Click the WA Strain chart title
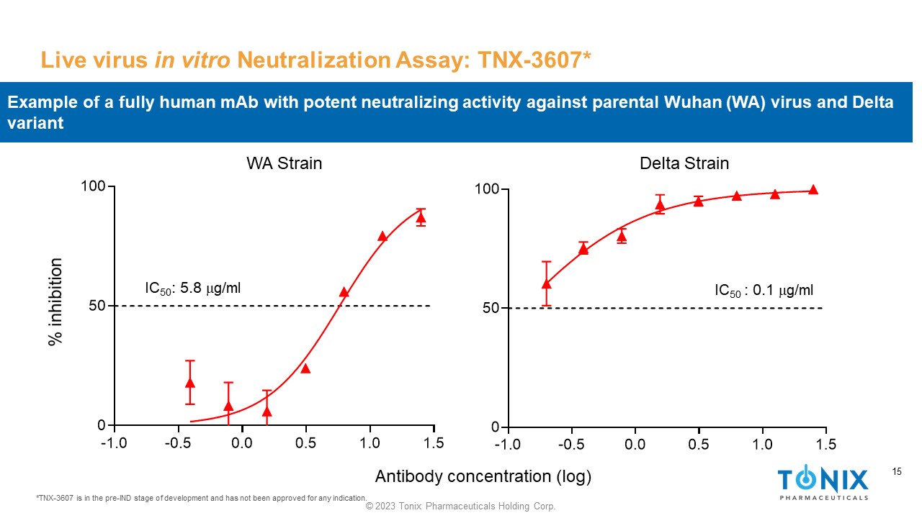(284, 163)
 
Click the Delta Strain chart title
(684, 163)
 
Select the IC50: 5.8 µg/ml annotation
(192, 288)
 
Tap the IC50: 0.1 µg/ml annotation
(764, 291)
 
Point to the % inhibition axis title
(55, 302)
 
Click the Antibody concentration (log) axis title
(483, 476)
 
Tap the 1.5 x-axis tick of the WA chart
(433, 442)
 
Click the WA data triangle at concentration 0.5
(305, 368)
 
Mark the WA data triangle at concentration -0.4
(190, 383)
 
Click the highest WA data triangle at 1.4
(421, 217)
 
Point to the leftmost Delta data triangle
(547, 283)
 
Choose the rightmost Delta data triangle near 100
(813, 190)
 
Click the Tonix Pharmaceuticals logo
(823, 483)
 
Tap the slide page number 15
(897, 472)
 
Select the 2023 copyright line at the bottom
(461, 506)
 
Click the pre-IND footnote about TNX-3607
(201, 498)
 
